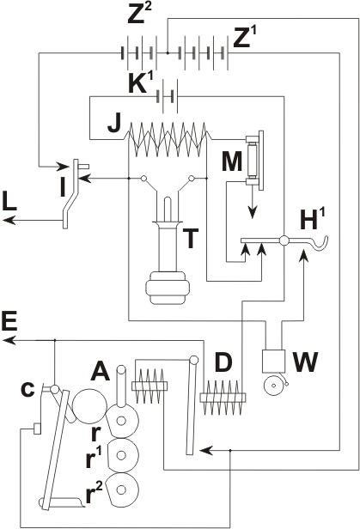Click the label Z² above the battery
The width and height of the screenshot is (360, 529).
tap(139, 13)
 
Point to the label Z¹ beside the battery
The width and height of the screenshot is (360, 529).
tap(245, 37)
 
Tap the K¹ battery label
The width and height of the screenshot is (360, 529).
tap(141, 83)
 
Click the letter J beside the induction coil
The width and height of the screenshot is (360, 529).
tap(114, 124)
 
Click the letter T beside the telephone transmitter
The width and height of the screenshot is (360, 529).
tap(190, 238)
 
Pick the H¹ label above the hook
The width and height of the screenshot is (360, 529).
tap(313, 221)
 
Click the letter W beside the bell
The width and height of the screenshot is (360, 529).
tap(305, 362)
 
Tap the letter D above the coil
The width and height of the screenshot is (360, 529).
tap(223, 362)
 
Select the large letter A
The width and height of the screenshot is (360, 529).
tap(101, 370)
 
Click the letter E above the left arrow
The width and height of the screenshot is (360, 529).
tap(9, 322)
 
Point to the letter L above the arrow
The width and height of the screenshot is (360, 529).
tap(9, 202)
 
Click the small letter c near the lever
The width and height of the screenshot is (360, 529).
tap(27, 389)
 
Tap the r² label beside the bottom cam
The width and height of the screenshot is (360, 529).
tap(95, 493)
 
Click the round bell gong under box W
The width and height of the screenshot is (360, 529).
tap(274, 385)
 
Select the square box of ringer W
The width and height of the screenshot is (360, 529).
tap(273, 362)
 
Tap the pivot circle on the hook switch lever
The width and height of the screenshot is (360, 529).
tap(284, 240)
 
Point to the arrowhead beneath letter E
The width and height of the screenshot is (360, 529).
tap(9, 340)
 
